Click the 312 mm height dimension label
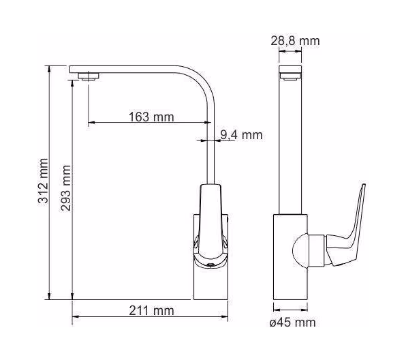[43, 181]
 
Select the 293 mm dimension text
[65, 188]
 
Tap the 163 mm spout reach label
[151, 117]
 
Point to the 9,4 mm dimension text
[241, 135]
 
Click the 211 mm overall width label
[151, 310]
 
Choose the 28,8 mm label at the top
[295, 41]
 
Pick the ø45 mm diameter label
[293, 322]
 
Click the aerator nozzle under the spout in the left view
[89, 76]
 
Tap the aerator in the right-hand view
[290, 76]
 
